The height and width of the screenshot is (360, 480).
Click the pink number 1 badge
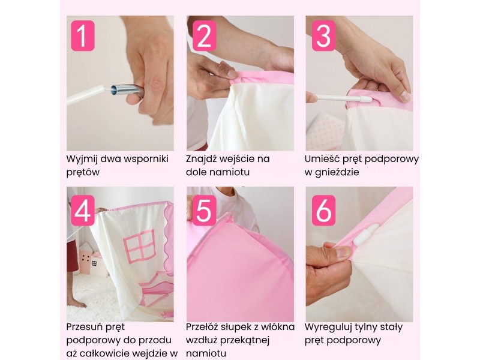(x=83, y=36)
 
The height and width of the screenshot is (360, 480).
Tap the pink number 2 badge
(x=204, y=36)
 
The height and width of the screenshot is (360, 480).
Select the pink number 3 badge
(x=323, y=36)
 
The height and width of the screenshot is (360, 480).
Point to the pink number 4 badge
(x=83, y=211)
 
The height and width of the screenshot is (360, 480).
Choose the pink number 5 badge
(x=204, y=211)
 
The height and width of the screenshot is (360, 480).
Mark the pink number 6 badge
(x=323, y=211)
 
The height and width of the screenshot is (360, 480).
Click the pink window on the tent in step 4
(x=140, y=246)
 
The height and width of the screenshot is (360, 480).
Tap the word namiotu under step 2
(x=227, y=172)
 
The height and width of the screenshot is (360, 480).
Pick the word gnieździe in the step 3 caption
(x=335, y=172)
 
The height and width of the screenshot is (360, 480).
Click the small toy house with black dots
(x=86, y=257)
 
